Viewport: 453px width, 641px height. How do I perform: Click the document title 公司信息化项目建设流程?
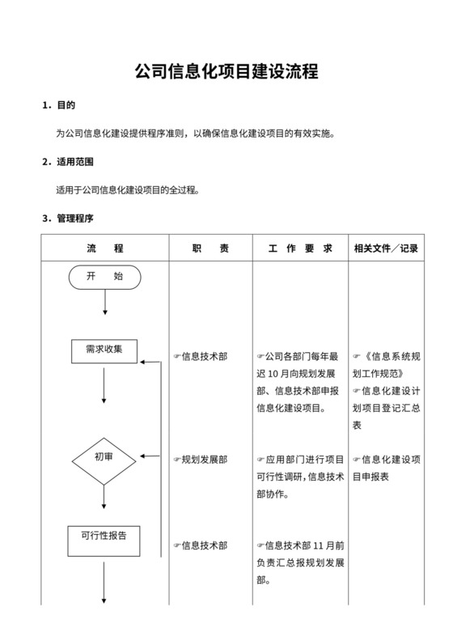pyautogui.click(x=226, y=71)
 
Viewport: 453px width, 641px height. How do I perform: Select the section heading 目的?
pyautogui.click(x=66, y=105)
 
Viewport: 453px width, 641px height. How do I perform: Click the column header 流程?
pyautogui.click(x=105, y=248)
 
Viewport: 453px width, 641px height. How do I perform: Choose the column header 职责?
pyautogui.click(x=210, y=248)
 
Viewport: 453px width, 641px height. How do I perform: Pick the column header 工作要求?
pyautogui.click(x=300, y=248)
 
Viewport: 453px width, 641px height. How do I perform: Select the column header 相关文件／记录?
pyautogui.click(x=386, y=248)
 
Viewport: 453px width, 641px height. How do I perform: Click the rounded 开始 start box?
pyautogui.click(x=105, y=277)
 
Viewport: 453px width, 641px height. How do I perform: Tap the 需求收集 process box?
pyautogui.click(x=104, y=350)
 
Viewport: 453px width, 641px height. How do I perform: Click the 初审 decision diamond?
pyautogui.click(x=104, y=457)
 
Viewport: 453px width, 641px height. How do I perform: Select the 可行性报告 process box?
pyautogui.click(x=104, y=535)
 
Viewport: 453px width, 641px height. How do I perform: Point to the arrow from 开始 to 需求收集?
pyautogui.click(x=105, y=303)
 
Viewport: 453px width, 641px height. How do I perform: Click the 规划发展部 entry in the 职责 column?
pyautogui.click(x=203, y=460)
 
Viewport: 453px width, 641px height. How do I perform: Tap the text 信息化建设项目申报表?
pyautogui.click(x=387, y=468)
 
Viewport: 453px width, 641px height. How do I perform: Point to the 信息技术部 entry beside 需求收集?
pyautogui.click(x=203, y=356)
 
